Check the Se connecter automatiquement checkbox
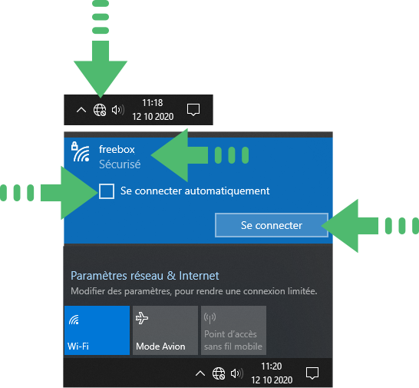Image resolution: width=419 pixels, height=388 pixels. click(107, 191)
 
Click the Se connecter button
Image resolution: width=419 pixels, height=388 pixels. click(272, 225)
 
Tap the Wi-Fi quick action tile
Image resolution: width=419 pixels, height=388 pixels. click(97, 330)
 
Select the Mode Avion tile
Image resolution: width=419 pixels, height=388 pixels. click(165, 330)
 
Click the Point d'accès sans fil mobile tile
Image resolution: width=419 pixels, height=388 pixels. click(233, 330)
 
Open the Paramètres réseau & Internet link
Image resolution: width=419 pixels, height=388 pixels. click(145, 276)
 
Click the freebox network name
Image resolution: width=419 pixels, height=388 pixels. click(117, 149)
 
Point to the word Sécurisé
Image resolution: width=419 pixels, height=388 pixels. click(120, 164)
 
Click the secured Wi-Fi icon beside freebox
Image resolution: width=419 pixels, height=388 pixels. click(80, 152)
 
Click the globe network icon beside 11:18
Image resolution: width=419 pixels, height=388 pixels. click(100, 110)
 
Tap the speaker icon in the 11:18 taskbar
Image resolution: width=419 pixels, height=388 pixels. click(118, 110)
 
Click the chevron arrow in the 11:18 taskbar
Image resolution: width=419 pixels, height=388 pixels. click(81, 110)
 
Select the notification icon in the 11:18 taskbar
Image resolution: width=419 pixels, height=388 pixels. click(193, 110)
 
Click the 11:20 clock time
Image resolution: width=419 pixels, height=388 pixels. click(271, 366)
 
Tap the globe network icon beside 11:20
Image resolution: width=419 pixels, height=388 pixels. click(219, 373)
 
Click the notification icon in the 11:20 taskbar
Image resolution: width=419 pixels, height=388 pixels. click(312, 373)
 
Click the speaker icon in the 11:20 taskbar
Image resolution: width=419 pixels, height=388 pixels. click(237, 373)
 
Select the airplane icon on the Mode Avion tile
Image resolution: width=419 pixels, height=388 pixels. click(142, 318)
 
